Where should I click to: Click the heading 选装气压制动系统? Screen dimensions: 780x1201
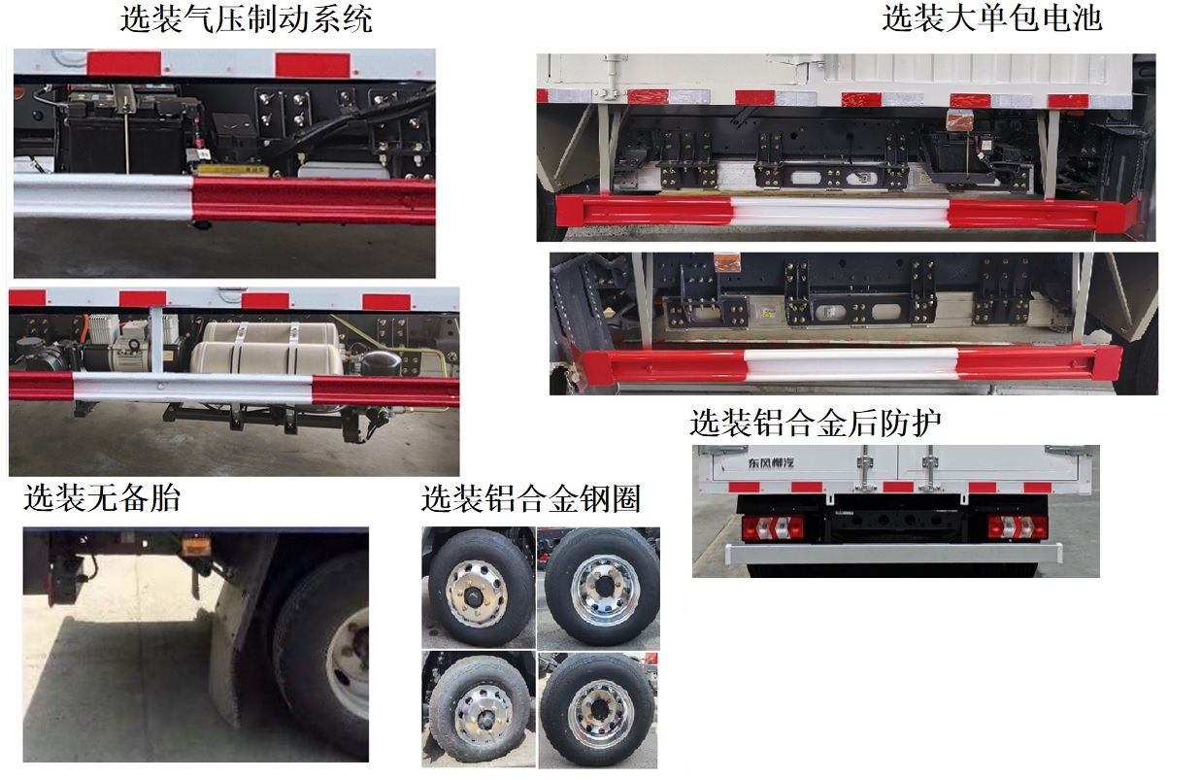pos(246,19)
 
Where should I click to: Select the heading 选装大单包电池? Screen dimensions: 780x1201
pos(991,18)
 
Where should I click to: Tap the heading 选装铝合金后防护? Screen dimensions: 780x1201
pos(816,423)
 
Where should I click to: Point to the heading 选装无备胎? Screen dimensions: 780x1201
pos(102,499)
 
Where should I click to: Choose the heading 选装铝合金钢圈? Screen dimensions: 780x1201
pos(530,499)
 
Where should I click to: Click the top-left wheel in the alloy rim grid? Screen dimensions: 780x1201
pos(477,586)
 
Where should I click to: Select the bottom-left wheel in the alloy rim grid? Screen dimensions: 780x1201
pos(478,710)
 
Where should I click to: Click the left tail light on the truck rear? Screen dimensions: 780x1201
pos(768,527)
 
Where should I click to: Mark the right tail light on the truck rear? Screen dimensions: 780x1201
pos(1013,526)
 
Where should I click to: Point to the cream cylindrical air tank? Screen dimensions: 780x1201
pos(267,345)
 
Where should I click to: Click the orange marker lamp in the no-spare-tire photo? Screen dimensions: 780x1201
pos(198,548)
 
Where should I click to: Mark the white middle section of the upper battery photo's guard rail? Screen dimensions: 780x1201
pos(840,211)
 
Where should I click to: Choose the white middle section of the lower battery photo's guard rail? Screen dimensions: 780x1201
pos(850,365)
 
